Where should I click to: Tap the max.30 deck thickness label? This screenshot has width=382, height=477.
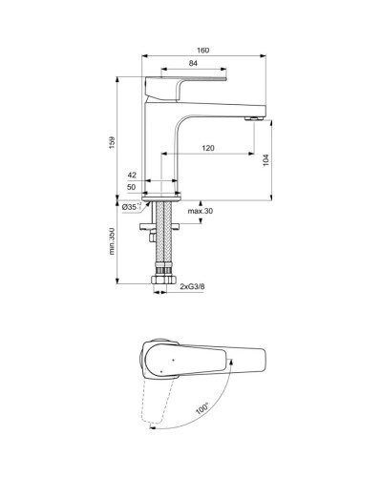[201, 210]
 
